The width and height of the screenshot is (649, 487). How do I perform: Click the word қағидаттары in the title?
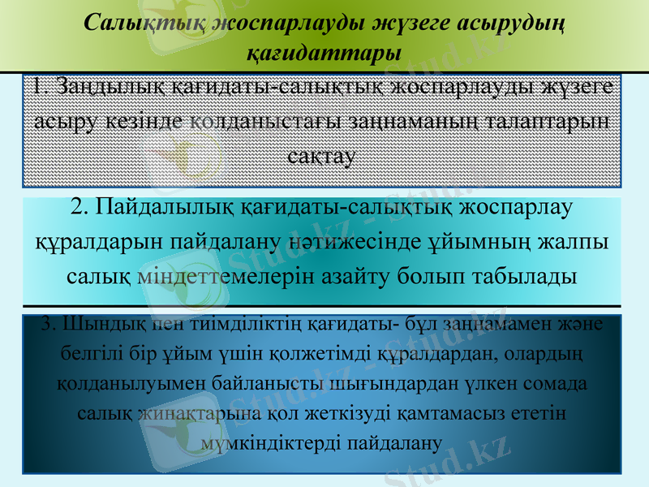point(324,54)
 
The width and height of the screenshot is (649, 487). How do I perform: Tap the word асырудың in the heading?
point(504,23)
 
